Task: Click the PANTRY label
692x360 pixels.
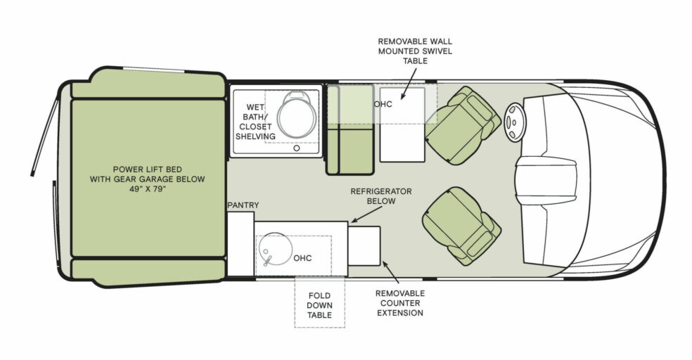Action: point(243,205)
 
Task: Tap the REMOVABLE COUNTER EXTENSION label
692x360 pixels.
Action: point(399,302)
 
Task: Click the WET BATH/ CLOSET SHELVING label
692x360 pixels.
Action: point(255,122)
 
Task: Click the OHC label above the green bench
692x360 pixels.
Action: point(383,103)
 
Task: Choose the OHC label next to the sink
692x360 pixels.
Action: point(302,258)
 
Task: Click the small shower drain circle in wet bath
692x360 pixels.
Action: point(297,148)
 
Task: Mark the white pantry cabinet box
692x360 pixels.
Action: point(240,243)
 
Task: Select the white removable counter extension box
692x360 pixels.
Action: point(364,246)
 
